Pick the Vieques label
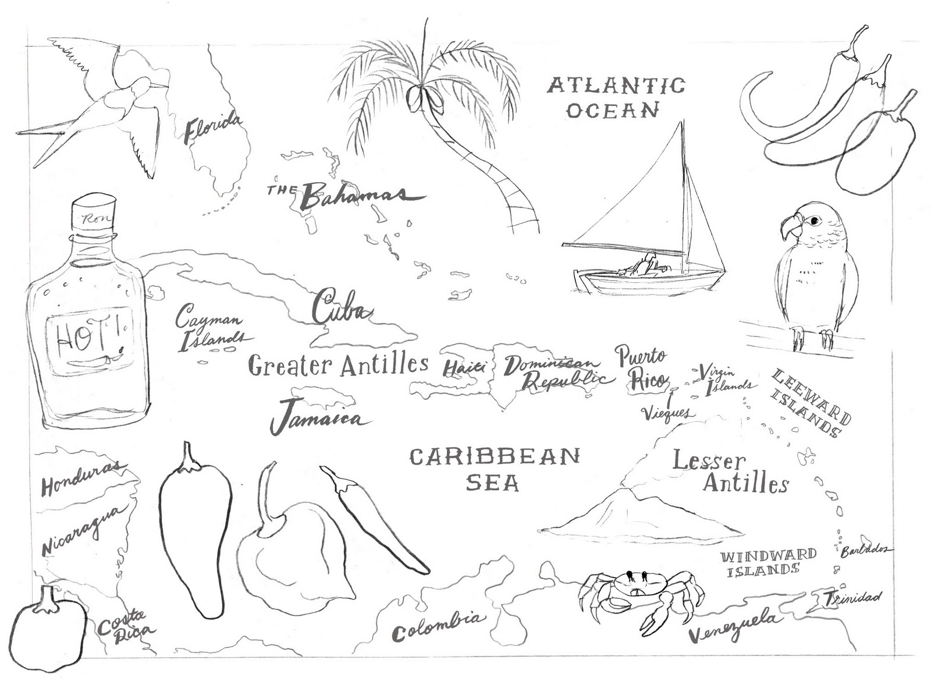[x=667, y=413]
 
